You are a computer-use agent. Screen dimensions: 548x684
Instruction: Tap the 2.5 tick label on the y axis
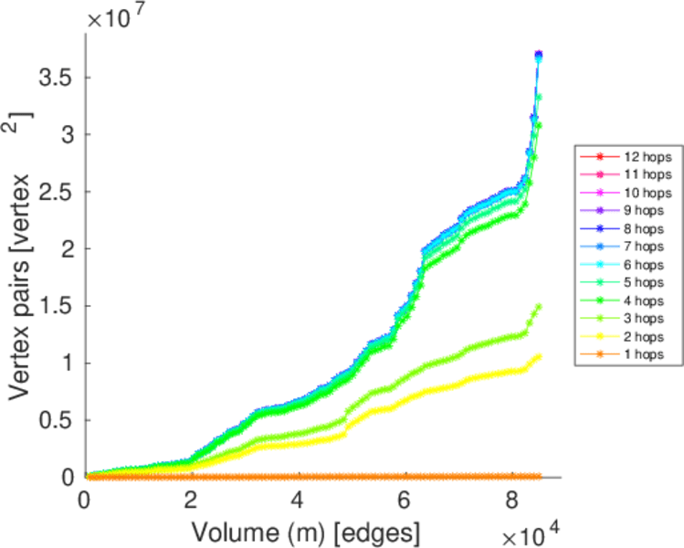[x=54, y=192]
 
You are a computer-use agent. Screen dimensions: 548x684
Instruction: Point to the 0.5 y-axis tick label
[x=54, y=420]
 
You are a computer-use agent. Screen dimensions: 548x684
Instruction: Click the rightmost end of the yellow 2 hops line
[x=539, y=356]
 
